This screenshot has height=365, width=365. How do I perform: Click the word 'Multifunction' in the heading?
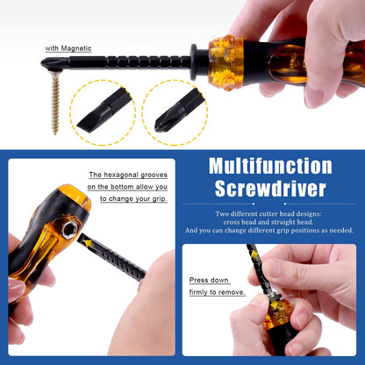click(270, 167)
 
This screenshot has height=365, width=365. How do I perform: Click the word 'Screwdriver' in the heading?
click(270, 190)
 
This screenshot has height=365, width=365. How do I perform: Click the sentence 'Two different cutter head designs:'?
click(269, 213)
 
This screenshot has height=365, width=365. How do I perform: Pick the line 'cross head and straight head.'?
click(269, 222)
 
